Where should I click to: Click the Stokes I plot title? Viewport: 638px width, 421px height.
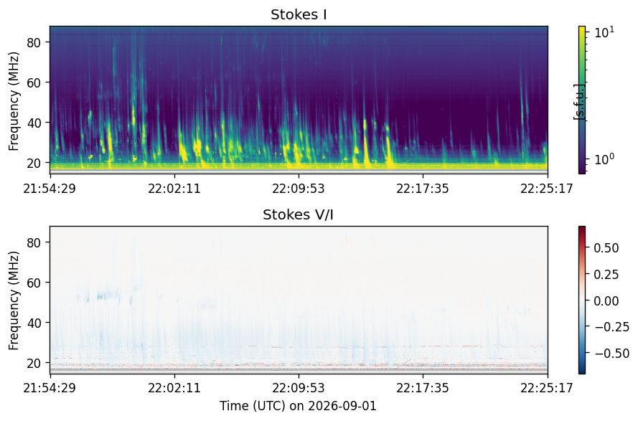pos(299,14)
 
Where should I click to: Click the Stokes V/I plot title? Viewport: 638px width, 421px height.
pos(299,214)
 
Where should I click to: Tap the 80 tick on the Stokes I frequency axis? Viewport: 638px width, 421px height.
pos(33,42)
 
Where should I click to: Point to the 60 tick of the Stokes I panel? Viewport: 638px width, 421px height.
pos(33,82)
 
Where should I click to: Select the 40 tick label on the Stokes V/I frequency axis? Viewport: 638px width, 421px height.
pos(33,323)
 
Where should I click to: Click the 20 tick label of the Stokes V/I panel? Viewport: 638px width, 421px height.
pos(33,363)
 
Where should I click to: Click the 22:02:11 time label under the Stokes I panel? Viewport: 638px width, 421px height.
pos(174,189)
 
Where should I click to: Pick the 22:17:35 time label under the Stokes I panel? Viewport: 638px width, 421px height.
pos(423,189)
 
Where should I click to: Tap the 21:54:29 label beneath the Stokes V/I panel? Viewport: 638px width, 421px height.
pos(50,388)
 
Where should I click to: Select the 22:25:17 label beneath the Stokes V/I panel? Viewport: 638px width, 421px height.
pos(547,388)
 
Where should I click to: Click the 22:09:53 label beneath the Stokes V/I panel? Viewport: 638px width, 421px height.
pos(299,388)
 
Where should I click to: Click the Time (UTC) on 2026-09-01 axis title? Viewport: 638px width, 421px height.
pos(299,406)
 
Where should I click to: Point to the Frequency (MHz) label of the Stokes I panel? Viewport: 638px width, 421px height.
pos(14,101)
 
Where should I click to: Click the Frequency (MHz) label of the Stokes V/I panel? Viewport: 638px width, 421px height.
pos(14,301)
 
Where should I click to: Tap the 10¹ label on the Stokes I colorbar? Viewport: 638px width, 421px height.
pos(605,32)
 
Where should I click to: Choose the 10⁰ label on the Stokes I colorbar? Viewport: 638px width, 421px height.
pos(605,159)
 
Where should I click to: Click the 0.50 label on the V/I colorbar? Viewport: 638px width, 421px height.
pos(606,248)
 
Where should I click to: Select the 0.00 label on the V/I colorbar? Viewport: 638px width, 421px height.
pos(606,301)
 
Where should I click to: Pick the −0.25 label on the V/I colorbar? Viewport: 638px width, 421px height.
pos(612,327)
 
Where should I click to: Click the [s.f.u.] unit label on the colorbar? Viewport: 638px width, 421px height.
pos(579,102)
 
